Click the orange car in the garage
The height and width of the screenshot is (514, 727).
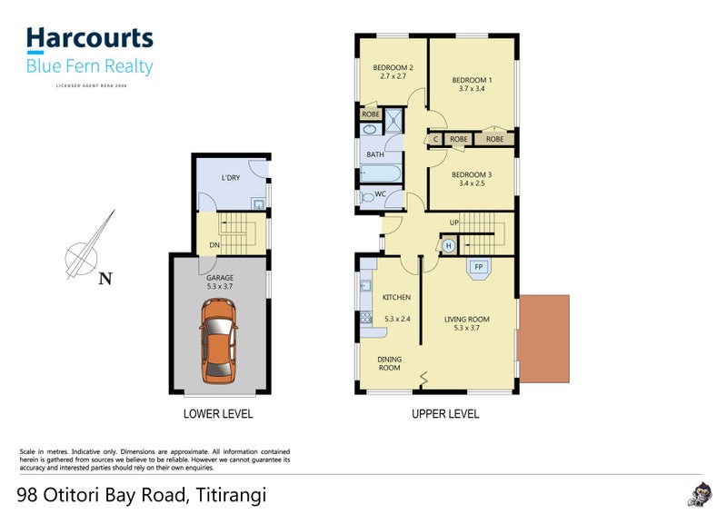coord(219,338)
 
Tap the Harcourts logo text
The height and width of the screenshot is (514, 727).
coord(89,38)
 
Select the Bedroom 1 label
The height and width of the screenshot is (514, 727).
coord(473,80)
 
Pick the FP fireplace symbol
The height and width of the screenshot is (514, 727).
coord(478,267)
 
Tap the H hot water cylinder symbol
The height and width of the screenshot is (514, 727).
coord(448,245)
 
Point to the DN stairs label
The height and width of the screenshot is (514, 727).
coord(214,244)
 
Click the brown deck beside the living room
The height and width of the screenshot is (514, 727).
coord(543,337)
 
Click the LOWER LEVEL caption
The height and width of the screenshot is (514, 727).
coord(218,414)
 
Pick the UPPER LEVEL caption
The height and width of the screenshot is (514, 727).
coord(444,414)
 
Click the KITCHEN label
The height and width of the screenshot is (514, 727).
coord(396,298)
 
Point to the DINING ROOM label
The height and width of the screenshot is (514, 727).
coord(389,363)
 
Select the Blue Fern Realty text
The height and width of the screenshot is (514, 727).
coord(89,66)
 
